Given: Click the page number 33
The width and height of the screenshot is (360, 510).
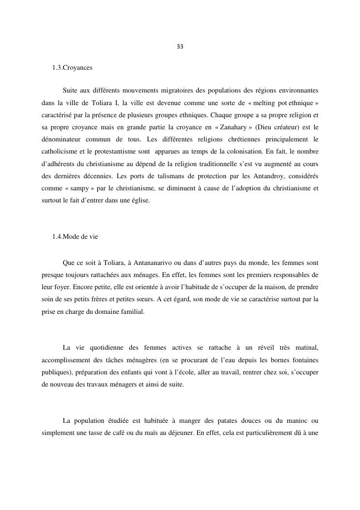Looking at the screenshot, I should point(180,47).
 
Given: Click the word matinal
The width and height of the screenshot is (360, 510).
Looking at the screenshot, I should point(306,348).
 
